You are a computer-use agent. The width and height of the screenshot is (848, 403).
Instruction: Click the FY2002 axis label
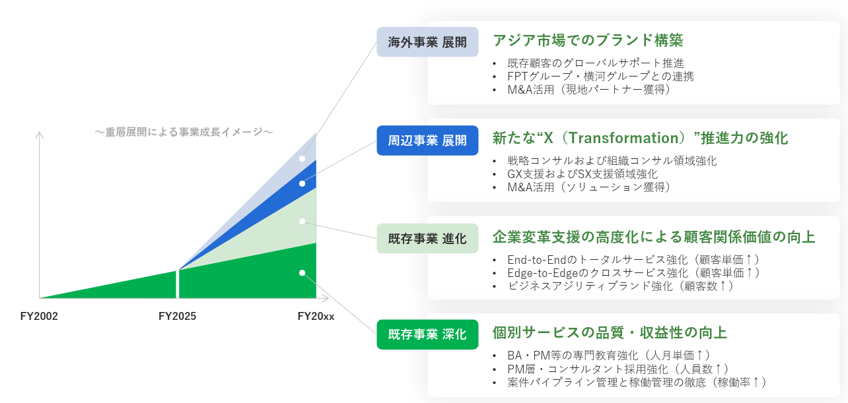39,316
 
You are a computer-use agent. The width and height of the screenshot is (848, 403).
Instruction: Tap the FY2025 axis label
177,316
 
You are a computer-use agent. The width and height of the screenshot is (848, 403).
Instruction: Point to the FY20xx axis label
316,316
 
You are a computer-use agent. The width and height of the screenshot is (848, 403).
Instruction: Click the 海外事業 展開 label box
427,42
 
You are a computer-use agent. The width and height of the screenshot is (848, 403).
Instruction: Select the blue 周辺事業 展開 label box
427,140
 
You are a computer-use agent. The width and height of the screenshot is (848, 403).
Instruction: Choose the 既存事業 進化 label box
427,239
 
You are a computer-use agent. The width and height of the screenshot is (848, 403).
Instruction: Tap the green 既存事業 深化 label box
427,334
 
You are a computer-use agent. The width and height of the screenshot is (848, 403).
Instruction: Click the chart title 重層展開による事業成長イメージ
184,132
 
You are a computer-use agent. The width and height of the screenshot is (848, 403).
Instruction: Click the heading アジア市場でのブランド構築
588,40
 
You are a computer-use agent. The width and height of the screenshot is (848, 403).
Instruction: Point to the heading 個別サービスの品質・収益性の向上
610,332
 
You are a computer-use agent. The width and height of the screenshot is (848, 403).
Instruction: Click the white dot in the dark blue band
302,184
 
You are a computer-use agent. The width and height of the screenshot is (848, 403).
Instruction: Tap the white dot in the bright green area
302,273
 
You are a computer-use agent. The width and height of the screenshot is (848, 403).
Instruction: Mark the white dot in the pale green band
302,222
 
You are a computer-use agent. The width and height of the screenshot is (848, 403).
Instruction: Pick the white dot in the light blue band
302,159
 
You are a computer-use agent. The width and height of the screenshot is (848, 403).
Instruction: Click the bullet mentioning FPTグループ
600,77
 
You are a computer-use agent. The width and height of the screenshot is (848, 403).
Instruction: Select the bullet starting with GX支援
583,174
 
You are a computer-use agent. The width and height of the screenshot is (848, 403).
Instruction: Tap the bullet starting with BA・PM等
609,356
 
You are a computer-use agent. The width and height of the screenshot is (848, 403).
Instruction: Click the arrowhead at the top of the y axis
40,135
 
